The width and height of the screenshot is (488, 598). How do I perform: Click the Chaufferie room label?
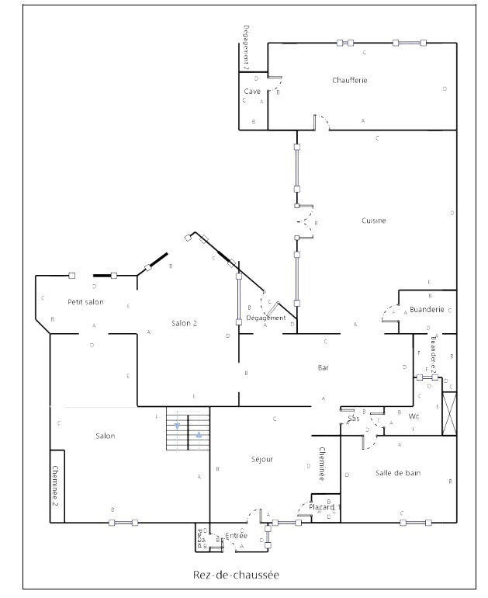tap(349, 80)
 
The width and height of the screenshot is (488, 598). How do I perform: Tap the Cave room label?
tap(252, 92)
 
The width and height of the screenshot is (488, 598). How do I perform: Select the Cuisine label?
tap(373, 221)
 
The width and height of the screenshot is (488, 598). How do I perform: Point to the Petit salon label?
tap(85, 301)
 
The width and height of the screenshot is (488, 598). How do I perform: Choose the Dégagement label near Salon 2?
tap(266, 318)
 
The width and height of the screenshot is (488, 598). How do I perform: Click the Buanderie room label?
tap(427, 309)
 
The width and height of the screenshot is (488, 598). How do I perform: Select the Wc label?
tap(414, 416)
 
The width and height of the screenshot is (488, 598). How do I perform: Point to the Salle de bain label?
tap(397, 473)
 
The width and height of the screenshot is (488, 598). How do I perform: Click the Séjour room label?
tap(261, 459)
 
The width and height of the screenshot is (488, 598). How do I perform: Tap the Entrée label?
tap(237, 535)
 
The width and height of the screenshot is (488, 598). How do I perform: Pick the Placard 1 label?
tap(325, 508)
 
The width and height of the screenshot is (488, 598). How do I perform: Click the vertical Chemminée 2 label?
tap(56, 486)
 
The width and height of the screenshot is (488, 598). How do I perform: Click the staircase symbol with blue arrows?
tap(188, 429)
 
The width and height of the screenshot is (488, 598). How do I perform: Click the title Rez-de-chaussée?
tap(236, 575)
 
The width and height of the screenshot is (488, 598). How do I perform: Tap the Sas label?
tap(354, 419)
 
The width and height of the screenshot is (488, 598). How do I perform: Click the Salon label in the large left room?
tap(106, 436)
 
